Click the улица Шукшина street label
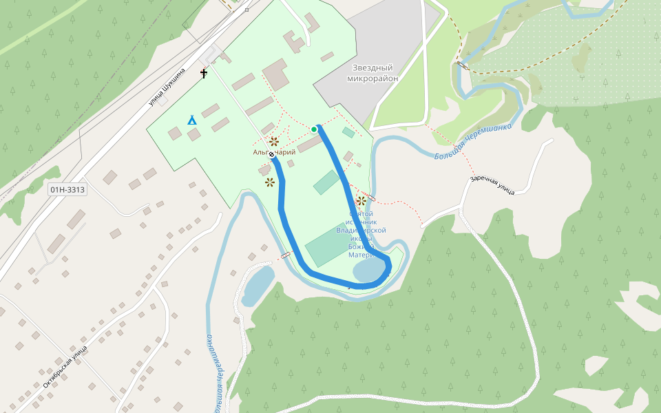(168, 88)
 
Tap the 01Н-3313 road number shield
(67, 189)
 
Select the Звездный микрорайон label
(372, 73)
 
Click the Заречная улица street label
(492, 185)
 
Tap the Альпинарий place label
(274, 152)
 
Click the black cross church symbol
(204, 73)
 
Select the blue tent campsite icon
(192, 120)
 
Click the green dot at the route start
(315, 129)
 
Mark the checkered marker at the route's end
(271, 156)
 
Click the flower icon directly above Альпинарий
(274, 142)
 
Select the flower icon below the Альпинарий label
(270, 182)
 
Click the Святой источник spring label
(361, 234)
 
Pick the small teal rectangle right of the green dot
(348, 132)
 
